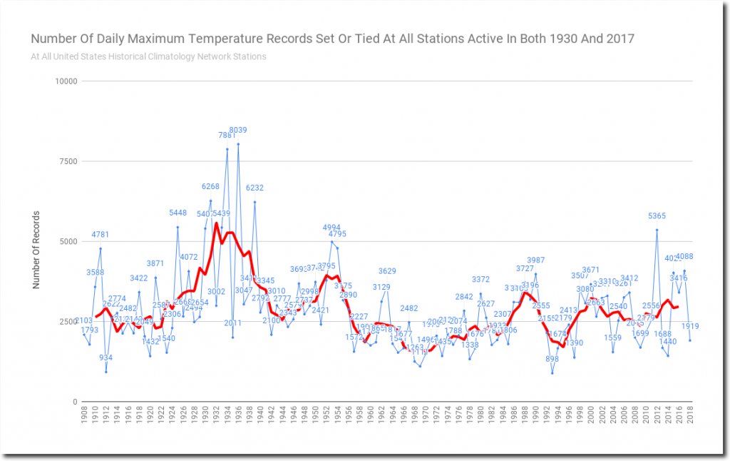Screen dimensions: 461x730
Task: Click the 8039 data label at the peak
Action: pyautogui.click(x=237, y=130)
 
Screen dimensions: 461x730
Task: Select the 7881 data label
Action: pyautogui.click(x=227, y=136)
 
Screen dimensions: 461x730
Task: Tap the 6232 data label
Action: pyautogui.click(x=255, y=188)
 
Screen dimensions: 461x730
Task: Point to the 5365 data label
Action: pyautogui.click(x=657, y=216)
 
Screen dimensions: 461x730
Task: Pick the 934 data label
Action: pyautogui.click(x=106, y=358)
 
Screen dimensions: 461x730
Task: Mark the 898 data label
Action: pyautogui.click(x=552, y=359)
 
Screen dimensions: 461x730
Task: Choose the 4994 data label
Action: pyautogui.click(x=331, y=228)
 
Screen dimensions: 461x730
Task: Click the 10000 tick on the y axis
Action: pyautogui.click(x=67, y=81)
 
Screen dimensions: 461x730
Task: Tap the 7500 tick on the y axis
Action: pyautogui.click(x=69, y=161)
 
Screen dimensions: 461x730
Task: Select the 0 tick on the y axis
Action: pyautogui.click(x=74, y=402)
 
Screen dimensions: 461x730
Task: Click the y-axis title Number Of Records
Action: pyautogui.click(x=37, y=250)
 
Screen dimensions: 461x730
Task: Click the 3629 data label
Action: pyautogui.click(x=386, y=271)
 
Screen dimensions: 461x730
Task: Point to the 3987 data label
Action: pyautogui.click(x=535, y=260)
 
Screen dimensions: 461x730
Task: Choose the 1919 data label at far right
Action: pyautogui.click(x=690, y=326)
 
